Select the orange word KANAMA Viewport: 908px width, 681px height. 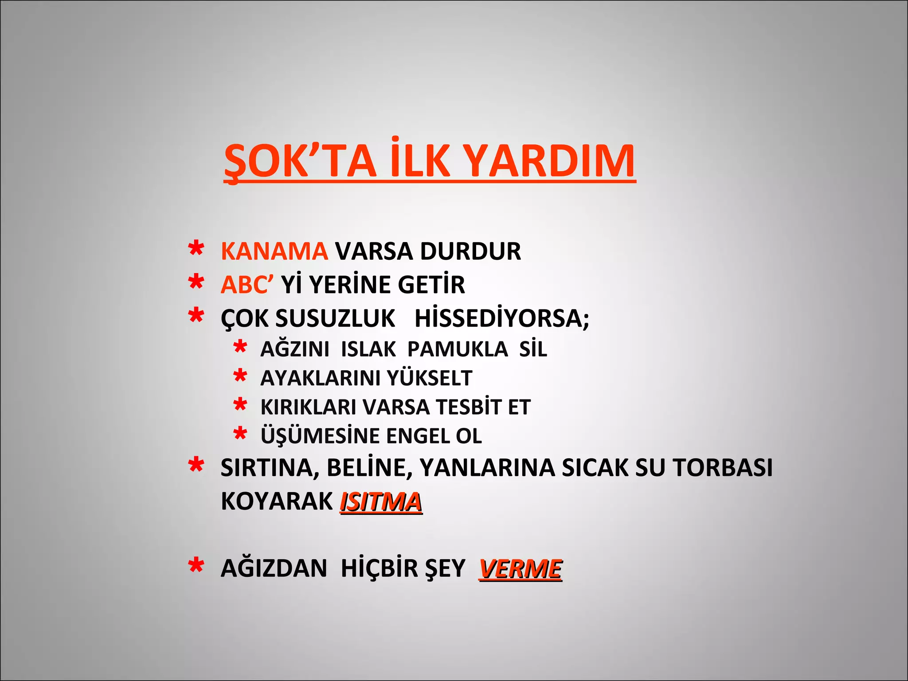(x=274, y=251)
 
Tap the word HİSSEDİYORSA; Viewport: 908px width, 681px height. (x=502, y=318)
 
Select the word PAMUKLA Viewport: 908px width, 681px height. (x=458, y=349)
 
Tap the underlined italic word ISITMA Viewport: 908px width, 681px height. (x=381, y=502)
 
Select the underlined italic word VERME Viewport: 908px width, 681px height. (x=521, y=569)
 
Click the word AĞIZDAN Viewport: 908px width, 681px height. (x=274, y=569)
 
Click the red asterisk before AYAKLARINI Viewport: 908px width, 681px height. (x=240, y=376)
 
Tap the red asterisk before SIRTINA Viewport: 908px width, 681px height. (x=196, y=466)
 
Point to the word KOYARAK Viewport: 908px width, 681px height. (x=277, y=502)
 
